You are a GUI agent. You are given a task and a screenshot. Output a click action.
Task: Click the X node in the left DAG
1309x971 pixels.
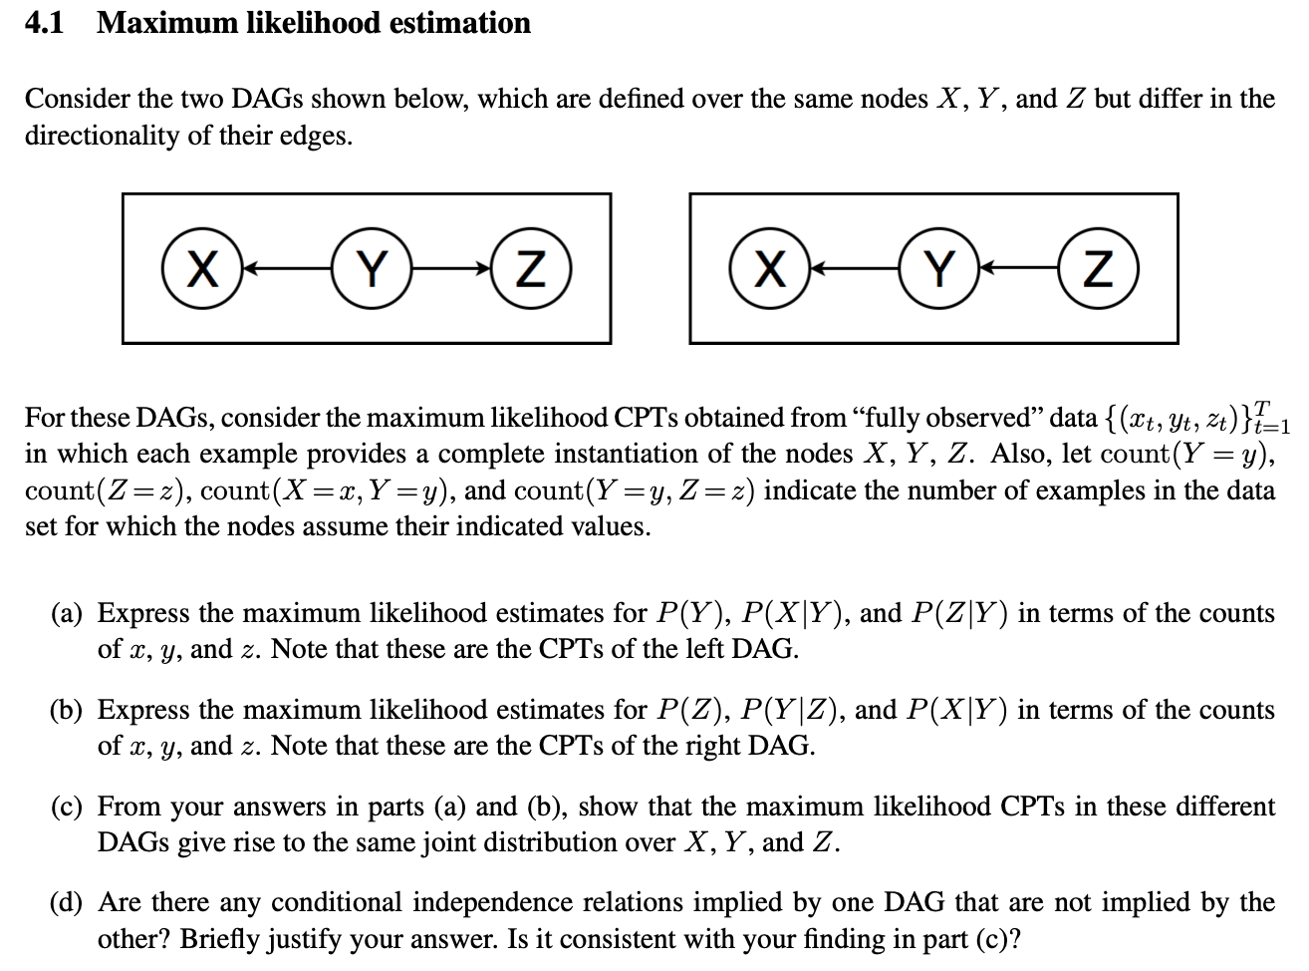click(x=203, y=269)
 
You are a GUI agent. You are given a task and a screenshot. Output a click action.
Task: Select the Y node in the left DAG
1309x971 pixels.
click(x=371, y=269)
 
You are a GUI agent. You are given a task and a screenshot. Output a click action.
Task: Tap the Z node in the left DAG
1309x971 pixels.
click(x=534, y=269)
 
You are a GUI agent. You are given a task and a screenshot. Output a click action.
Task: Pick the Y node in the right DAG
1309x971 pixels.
click(x=937, y=269)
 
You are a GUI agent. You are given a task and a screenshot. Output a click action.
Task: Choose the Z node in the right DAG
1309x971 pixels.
click(x=1098, y=269)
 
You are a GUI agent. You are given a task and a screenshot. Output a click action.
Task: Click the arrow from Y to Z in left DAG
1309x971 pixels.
click(x=452, y=269)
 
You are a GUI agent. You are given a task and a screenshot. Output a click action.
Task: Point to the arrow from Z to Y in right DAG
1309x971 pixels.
click(x=1017, y=269)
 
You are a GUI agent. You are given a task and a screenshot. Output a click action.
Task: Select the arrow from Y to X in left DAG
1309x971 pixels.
click(x=287, y=269)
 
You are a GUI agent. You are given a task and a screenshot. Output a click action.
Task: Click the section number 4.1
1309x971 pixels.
click(x=45, y=23)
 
